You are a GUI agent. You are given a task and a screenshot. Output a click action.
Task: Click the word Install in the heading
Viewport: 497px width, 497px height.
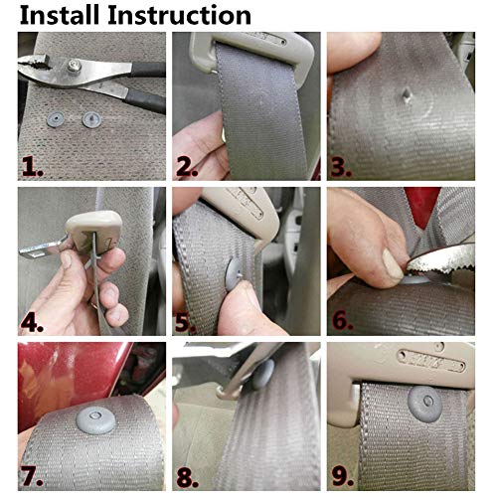[x=60, y=15]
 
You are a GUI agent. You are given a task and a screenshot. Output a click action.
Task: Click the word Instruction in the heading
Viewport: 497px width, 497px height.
[x=180, y=15]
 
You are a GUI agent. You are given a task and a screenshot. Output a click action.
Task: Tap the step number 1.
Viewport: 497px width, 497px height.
[x=33, y=167]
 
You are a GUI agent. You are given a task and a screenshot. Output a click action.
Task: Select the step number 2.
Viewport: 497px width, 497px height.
[x=188, y=167]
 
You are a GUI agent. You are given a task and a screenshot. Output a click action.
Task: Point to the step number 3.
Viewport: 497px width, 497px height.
[x=342, y=167]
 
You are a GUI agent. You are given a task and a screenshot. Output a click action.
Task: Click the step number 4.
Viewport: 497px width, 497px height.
[x=32, y=322]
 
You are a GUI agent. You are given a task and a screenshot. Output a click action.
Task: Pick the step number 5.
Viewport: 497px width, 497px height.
[x=186, y=322]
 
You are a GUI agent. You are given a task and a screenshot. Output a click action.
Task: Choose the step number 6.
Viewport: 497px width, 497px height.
[x=342, y=320]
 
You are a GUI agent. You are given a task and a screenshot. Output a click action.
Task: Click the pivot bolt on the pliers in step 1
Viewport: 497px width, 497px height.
[x=75, y=65]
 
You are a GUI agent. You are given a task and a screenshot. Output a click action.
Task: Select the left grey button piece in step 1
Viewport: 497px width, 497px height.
[x=56, y=119]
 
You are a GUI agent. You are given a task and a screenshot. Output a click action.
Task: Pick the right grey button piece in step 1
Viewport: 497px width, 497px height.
[x=92, y=119]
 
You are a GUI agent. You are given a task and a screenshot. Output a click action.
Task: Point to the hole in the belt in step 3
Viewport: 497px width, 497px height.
[x=407, y=95]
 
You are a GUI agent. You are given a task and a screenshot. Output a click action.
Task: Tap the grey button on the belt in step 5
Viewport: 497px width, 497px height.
[x=236, y=273]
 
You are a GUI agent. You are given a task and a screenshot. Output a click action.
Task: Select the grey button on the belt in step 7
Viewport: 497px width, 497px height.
[x=96, y=420]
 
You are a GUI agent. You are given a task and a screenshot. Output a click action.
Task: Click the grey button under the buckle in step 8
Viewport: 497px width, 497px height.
[x=262, y=374]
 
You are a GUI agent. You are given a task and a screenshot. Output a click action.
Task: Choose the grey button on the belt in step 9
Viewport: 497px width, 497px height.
[x=425, y=405]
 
